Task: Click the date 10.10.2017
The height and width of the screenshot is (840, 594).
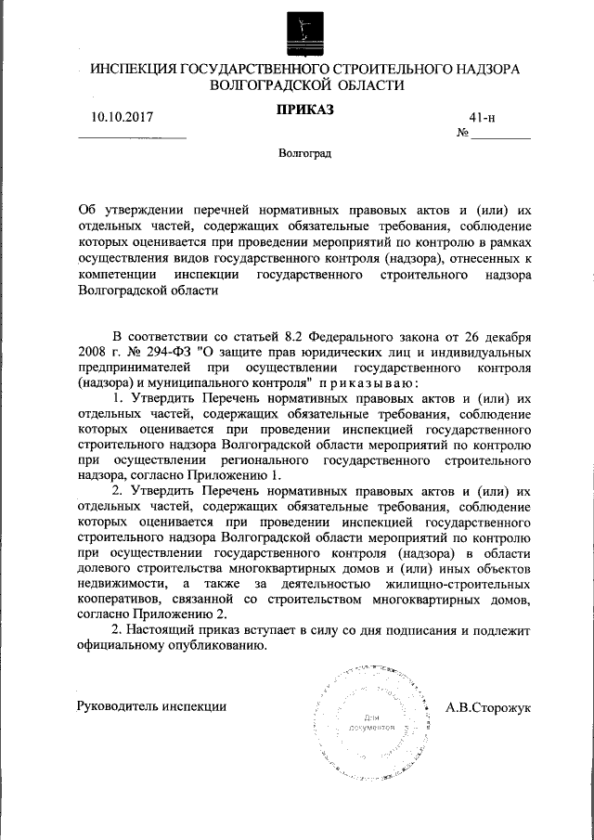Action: coord(122,117)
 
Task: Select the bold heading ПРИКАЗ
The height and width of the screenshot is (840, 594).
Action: coord(303,110)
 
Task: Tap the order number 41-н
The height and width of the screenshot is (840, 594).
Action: coord(483,117)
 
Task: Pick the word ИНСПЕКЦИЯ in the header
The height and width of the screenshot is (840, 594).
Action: coord(128,69)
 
